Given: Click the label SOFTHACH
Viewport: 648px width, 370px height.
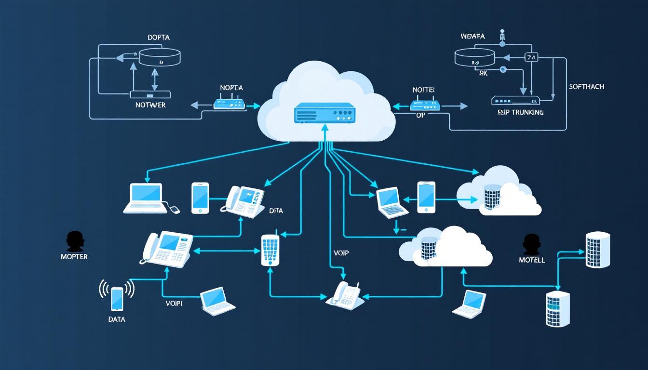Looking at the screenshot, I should point(586,87).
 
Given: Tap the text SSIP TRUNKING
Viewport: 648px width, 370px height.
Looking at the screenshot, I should point(520,112).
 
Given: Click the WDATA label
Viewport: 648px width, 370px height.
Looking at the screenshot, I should point(472,37).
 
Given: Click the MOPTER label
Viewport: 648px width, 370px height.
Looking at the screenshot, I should point(74,257).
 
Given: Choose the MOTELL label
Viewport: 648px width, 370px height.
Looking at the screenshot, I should point(532,260).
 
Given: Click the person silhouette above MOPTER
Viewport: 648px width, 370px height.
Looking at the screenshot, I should point(75,240).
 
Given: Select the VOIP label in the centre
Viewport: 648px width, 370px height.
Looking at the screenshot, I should point(341,253).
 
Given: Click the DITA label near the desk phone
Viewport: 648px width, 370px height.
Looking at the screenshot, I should point(276,211).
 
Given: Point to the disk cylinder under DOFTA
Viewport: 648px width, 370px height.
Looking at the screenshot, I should point(160,57).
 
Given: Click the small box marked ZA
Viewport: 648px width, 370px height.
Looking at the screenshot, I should point(530,57).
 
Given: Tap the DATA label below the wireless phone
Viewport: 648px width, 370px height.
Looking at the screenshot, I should point(117,319).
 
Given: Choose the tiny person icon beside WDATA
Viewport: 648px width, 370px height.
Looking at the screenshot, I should point(502,35).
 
